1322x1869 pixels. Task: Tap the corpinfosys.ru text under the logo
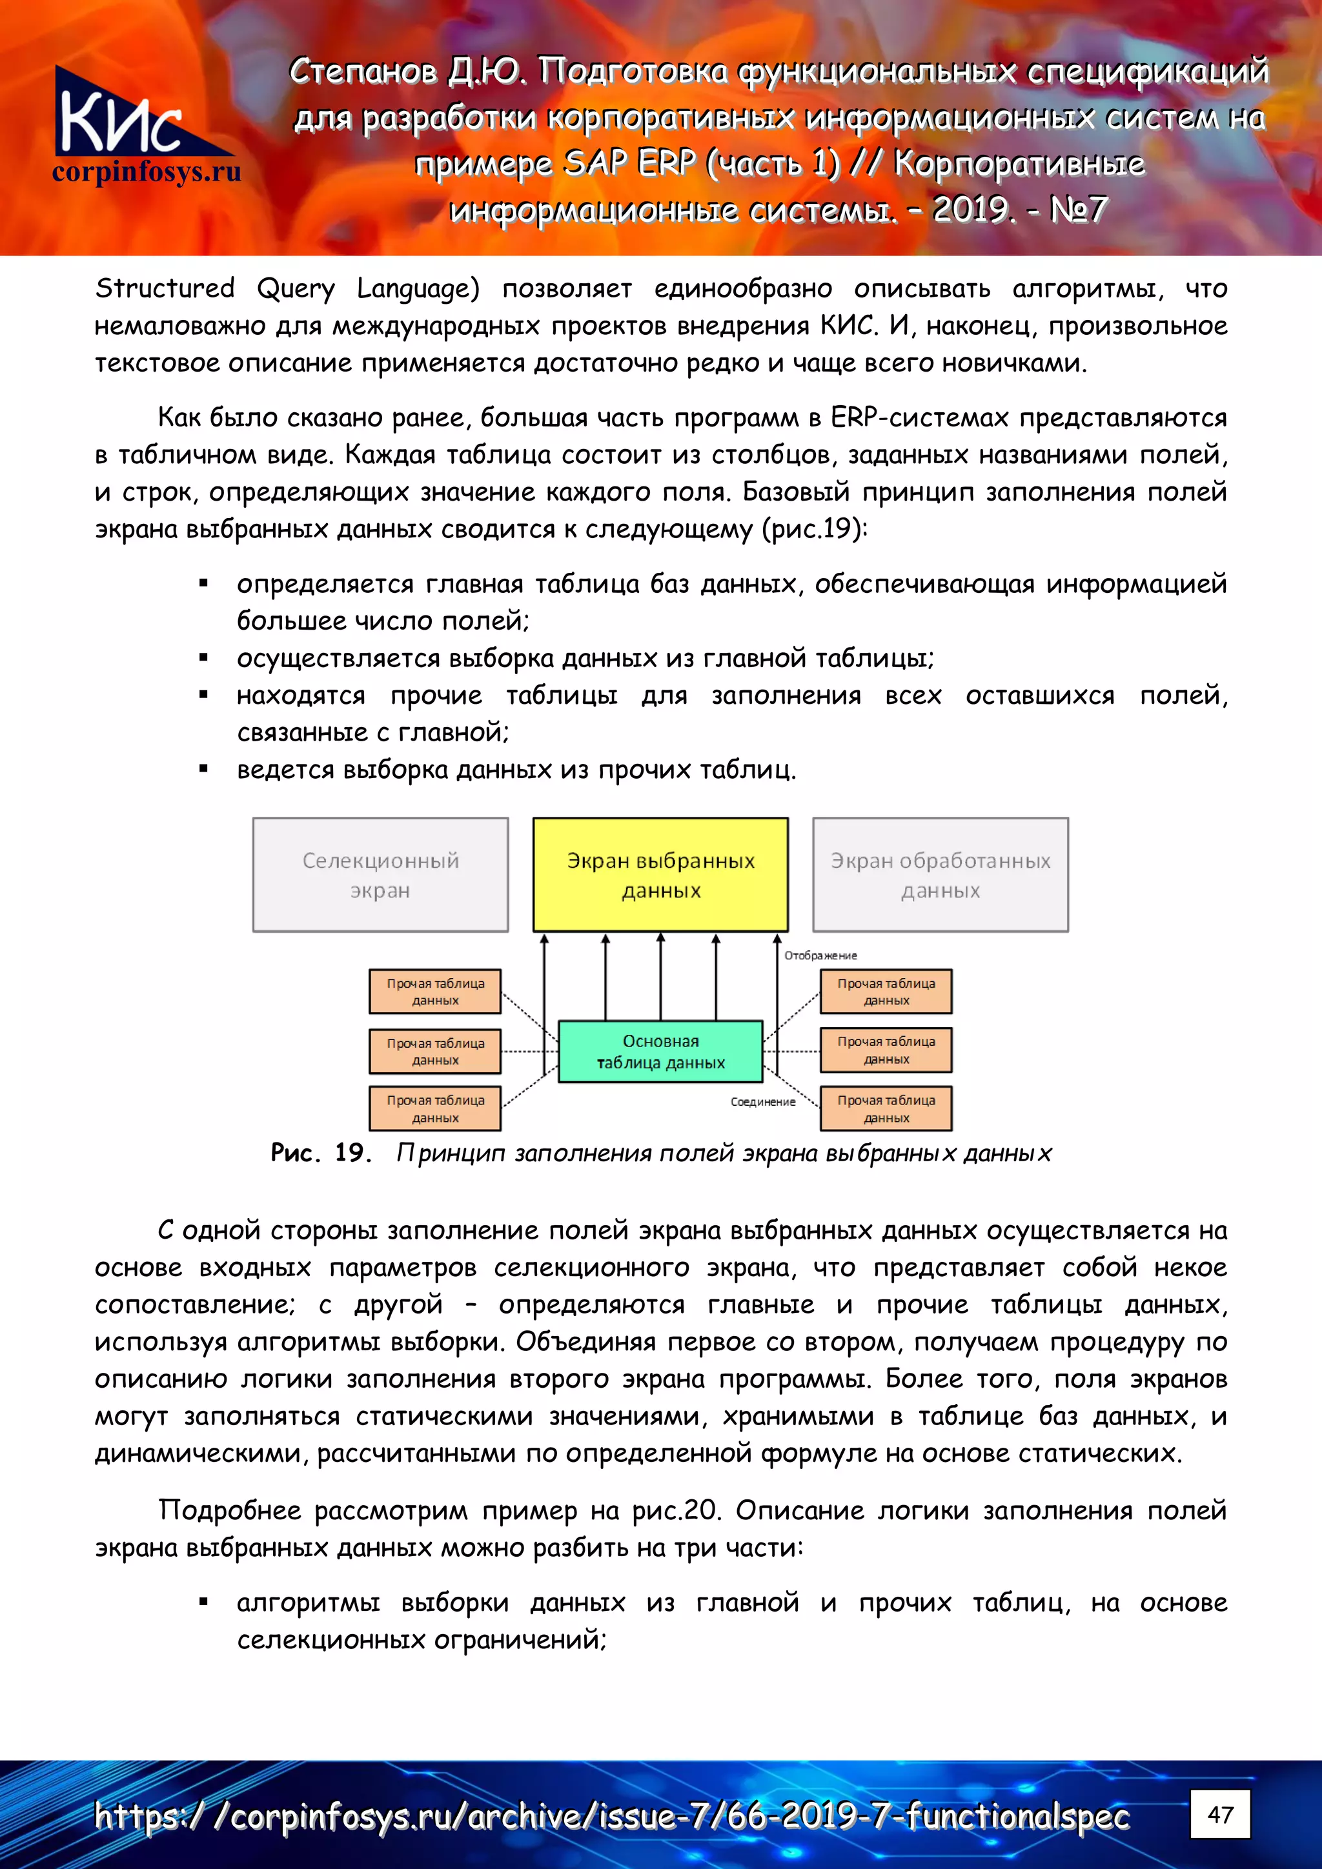[147, 172]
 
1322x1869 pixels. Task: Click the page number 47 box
[1219, 1814]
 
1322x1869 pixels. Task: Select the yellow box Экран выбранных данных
[660, 874]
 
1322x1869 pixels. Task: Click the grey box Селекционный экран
[380, 874]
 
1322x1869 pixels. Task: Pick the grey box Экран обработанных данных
[940, 874]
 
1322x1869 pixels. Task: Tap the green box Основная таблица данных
[660, 1051]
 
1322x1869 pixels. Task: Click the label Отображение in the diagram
[820, 955]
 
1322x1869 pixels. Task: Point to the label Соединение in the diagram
[762, 1101]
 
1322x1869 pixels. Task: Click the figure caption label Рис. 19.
[321, 1153]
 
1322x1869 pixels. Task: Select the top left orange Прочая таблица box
[435, 991]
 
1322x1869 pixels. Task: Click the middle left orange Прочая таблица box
[435, 1051]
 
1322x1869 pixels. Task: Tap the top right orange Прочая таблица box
[886, 991]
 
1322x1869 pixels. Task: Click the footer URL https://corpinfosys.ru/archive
[611, 1816]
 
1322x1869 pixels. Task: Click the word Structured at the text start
[165, 288]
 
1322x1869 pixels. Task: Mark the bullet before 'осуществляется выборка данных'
[203, 658]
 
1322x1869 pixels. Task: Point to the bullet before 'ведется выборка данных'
[203, 769]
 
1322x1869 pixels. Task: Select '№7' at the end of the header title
[1077, 210]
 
